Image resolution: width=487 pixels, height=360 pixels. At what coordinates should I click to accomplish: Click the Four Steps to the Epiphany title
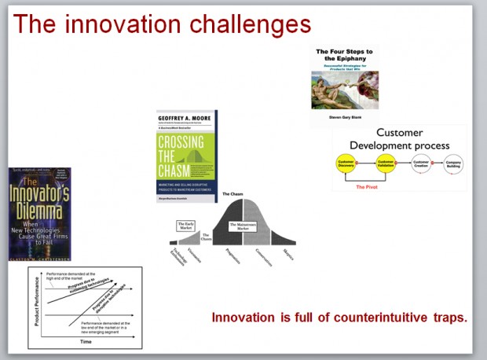coord(344,55)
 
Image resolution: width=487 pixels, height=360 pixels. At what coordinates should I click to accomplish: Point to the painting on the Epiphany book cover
coord(344,90)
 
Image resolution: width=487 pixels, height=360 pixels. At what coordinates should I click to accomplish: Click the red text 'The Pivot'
coord(367,187)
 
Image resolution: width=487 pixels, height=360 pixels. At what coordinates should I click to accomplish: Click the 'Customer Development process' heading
coord(399,139)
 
